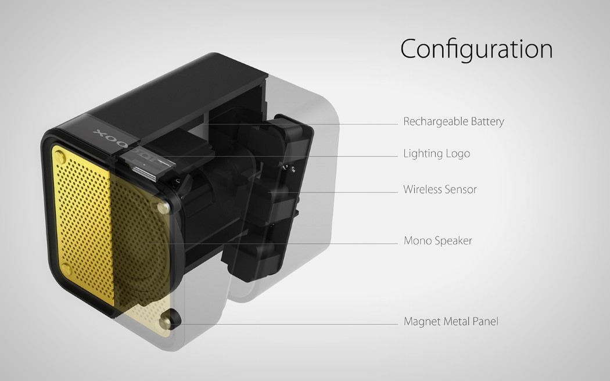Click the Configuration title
point(476,49)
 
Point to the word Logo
point(458,154)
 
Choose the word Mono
point(416,240)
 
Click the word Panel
point(485,321)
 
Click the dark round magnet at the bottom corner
point(173,318)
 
